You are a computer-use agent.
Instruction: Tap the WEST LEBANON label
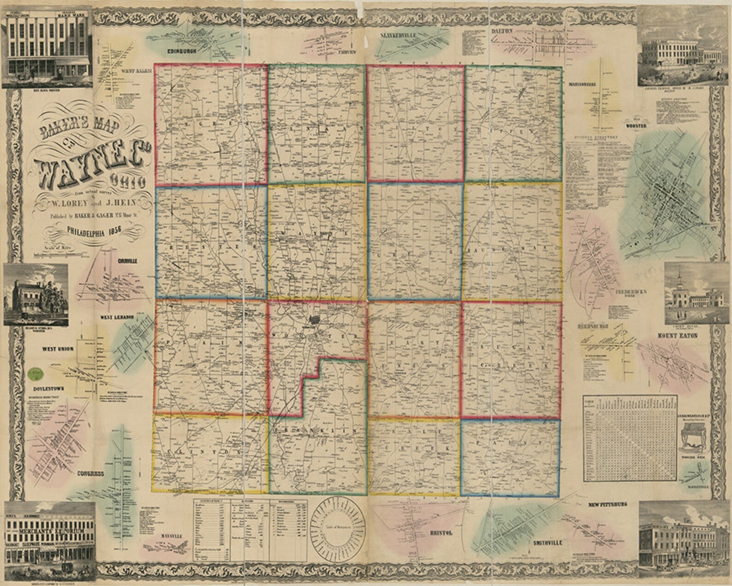pos(117,317)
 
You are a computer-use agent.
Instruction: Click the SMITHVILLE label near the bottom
pos(548,543)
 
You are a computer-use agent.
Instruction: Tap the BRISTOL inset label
pos(441,532)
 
